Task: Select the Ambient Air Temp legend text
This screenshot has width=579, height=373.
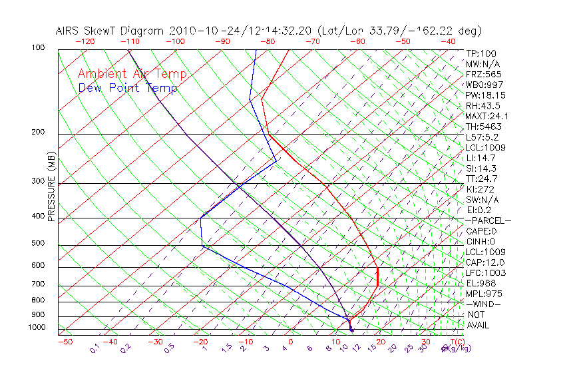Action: [x=132, y=74]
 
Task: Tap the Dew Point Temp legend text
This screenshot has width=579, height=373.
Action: [x=128, y=88]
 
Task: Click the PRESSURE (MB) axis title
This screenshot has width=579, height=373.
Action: [x=53, y=187]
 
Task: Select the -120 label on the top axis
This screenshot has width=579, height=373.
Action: [x=85, y=41]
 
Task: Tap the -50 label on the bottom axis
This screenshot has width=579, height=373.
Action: [x=65, y=342]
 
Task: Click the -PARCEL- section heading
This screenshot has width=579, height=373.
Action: [x=488, y=220]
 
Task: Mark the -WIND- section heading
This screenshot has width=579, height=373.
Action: [x=483, y=304]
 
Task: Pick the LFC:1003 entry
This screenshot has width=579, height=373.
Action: [x=485, y=272]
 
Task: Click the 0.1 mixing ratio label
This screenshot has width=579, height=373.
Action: [x=95, y=348]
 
